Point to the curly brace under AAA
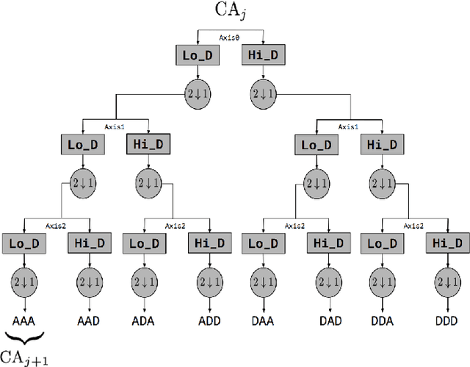pyautogui.click(x=25, y=337)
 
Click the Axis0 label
pyautogui.click(x=231, y=36)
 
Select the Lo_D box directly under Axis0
pyautogui.click(x=198, y=55)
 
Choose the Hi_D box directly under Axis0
pyautogui.click(x=263, y=55)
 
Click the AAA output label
pyautogui.click(x=25, y=320)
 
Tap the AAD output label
pyautogui.click(x=90, y=320)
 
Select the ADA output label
pyautogui.click(x=144, y=320)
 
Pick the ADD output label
pyautogui.click(x=209, y=320)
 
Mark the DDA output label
pyautogui.click(x=383, y=320)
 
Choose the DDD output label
pyautogui.click(x=445, y=320)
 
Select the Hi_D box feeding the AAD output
pyautogui.click(x=90, y=243)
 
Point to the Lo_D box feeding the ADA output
pyautogui.click(x=144, y=243)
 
